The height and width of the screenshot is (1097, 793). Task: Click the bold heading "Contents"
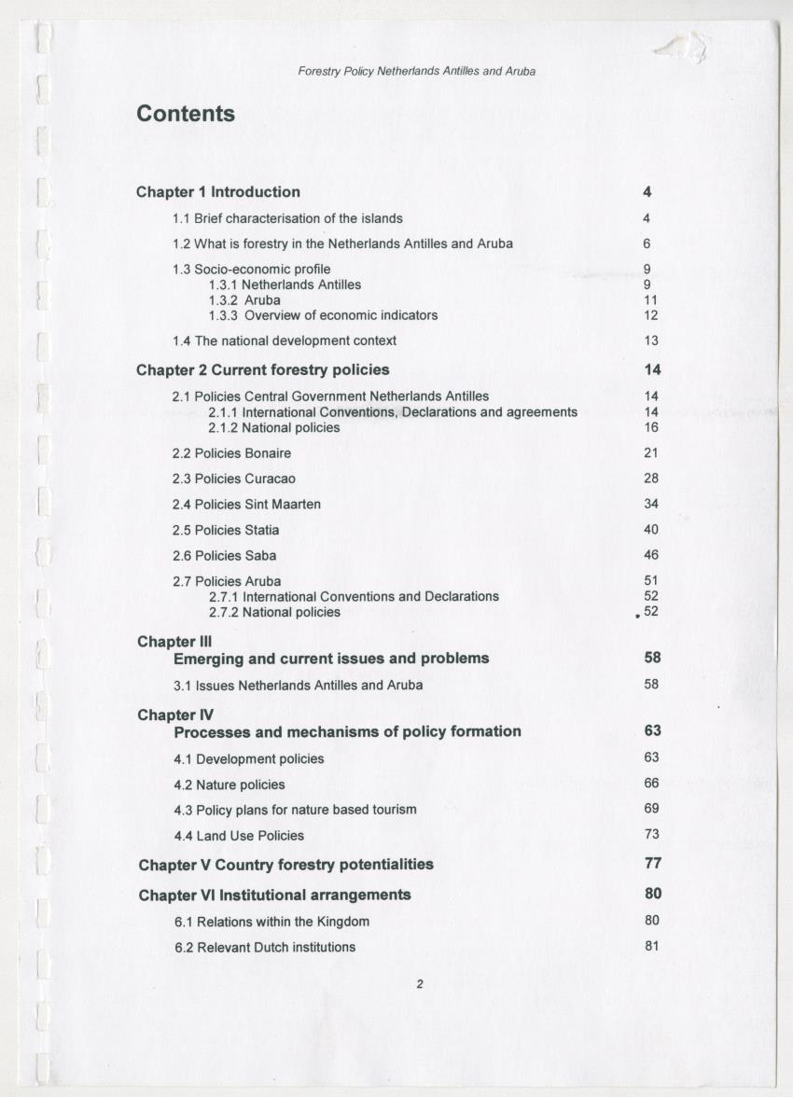click(186, 114)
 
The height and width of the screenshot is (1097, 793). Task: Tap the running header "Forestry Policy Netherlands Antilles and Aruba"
click(416, 71)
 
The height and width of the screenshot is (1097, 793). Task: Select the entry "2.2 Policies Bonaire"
click(231, 453)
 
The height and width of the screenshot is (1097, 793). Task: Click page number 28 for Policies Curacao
click(651, 479)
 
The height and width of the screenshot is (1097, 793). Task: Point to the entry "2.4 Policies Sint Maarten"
click(246, 505)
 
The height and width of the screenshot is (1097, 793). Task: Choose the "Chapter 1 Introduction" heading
click(218, 192)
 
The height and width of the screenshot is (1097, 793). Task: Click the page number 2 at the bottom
click(420, 982)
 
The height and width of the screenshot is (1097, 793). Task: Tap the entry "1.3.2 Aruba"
click(244, 300)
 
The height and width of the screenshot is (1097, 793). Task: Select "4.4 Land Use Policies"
click(239, 836)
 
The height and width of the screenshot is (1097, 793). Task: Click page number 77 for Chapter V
click(652, 864)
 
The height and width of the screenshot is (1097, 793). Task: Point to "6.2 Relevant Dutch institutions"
click(265, 948)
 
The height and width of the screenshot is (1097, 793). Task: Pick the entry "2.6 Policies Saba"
click(224, 556)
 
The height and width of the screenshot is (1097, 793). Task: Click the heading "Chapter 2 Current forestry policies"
click(263, 370)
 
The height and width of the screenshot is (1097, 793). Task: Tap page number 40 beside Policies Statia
click(651, 530)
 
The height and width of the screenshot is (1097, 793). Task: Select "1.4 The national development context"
click(285, 341)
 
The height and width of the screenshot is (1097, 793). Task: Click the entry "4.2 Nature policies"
click(230, 785)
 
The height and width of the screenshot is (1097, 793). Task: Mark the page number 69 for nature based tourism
click(651, 809)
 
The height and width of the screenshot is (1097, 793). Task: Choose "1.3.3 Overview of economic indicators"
click(323, 315)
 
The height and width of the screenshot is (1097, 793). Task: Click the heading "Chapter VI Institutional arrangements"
click(274, 896)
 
